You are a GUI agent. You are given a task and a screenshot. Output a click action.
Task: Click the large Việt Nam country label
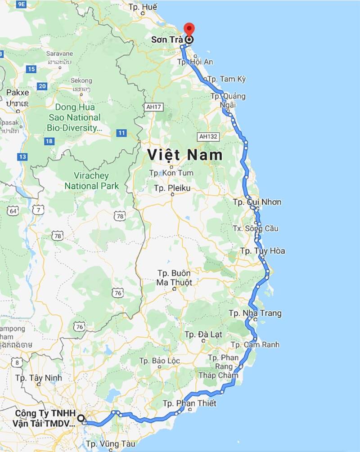(x=185, y=155)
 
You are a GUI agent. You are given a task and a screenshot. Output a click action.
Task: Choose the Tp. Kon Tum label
(x=171, y=173)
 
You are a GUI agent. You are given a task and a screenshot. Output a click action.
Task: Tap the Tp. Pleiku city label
(x=172, y=188)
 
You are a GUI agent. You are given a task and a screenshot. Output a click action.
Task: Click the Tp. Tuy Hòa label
(x=262, y=251)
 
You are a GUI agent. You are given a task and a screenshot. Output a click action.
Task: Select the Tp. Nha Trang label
(x=255, y=313)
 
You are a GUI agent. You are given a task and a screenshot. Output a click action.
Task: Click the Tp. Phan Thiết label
(x=189, y=403)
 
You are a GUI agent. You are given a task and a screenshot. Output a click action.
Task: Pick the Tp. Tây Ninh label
(x=39, y=378)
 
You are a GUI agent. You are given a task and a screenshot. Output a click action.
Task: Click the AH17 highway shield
(x=153, y=107)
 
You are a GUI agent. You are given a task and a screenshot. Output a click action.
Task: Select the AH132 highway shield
(x=207, y=136)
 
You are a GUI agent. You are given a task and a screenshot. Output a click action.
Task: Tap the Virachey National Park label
(x=92, y=181)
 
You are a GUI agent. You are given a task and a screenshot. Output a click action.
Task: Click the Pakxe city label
(x=18, y=92)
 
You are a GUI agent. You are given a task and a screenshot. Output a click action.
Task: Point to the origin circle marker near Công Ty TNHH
(x=81, y=418)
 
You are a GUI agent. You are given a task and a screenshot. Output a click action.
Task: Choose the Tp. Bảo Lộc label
(x=160, y=361)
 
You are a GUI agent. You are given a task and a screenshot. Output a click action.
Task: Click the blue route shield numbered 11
(x=121, y=133)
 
